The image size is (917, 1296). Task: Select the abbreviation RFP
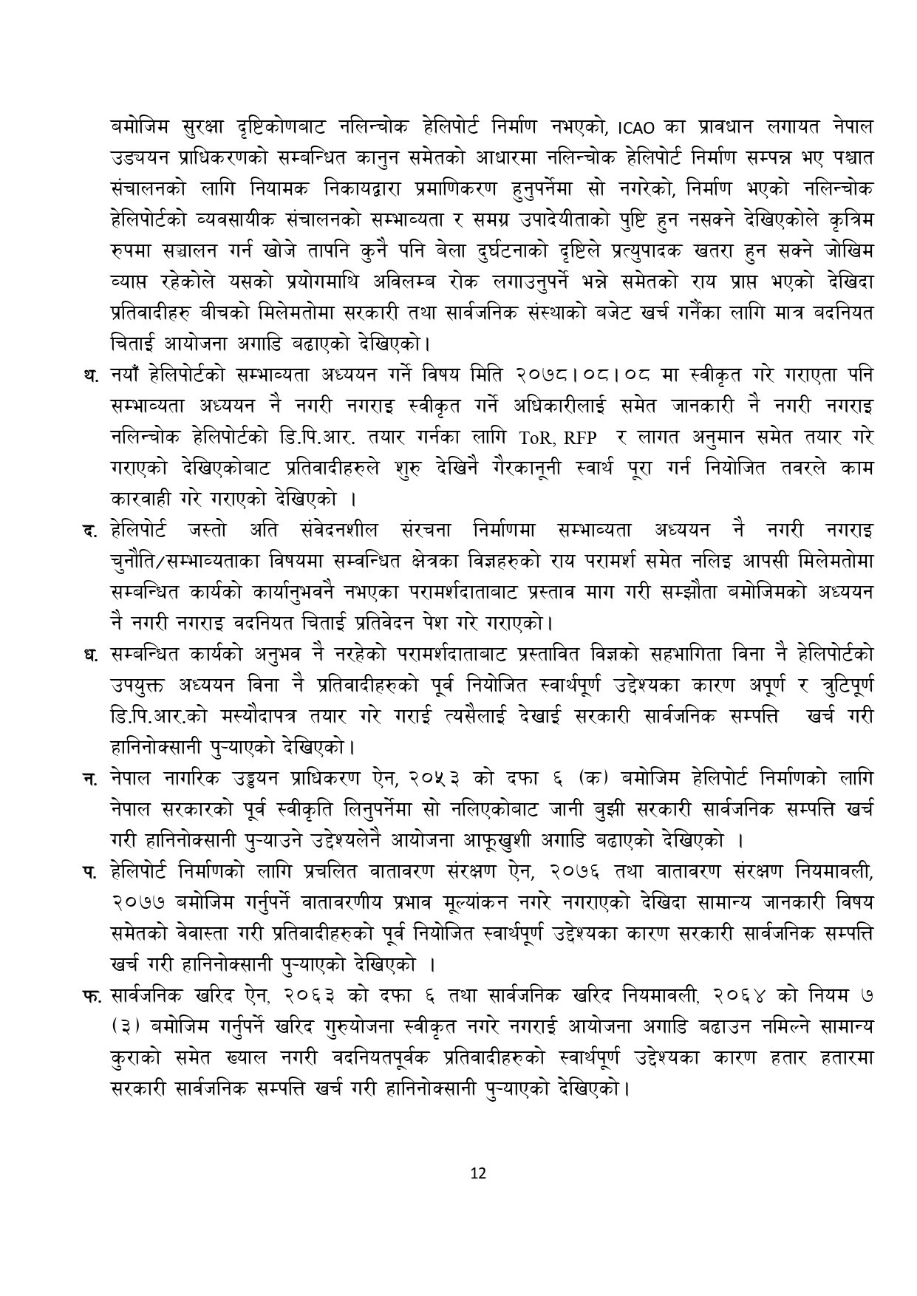(581, 437)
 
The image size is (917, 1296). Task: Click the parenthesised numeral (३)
(123, 1026)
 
